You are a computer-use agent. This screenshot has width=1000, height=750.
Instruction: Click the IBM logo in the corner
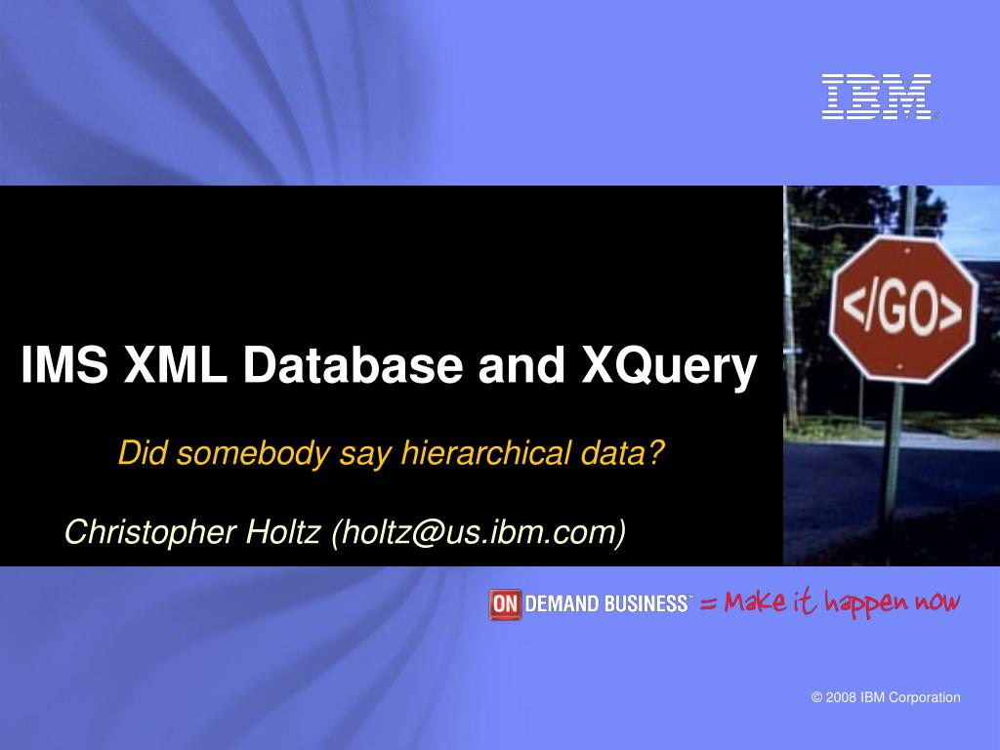click(x=876, y=97)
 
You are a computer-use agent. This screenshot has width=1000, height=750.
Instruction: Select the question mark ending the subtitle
click(x=656, y=452)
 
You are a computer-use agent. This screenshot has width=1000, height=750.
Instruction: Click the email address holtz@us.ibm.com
click(x=479, y=532)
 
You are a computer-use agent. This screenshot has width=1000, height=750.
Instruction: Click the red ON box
click(x=505, y=604)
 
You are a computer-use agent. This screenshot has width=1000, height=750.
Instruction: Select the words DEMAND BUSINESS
click(x=606, y=604)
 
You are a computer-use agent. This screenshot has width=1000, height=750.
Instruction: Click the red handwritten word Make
click(x=755, y=602)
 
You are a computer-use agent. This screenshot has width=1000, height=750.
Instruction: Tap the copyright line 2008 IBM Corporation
click(x=886, y=697)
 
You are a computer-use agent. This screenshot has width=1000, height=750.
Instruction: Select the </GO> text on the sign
click(x=902, y=311)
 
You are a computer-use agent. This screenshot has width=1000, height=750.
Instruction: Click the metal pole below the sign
click(x=891, y=459)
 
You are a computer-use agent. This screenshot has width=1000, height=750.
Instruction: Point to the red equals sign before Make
click(x=708, y=604)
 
